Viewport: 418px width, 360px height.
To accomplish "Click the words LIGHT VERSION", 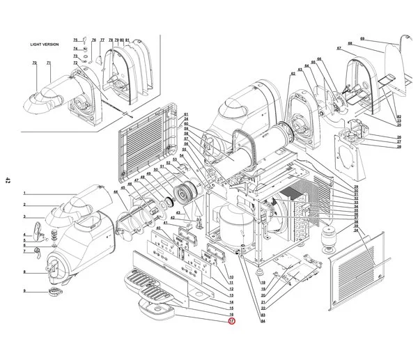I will pyautogui.click(x=45, y=44).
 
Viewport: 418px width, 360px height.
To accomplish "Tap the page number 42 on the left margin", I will pyautogui.click(x=8, y=180).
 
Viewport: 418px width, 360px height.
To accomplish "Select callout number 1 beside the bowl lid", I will pyautogui.click(x=24, y=193).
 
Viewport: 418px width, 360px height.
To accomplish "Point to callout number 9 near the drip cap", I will pyautogui.click(x=24, y=290).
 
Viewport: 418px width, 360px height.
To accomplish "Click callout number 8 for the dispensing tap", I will pyautogui.click(x=24, y=272).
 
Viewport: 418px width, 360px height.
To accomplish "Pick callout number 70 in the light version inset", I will pyautogui.click(x=34, y=63).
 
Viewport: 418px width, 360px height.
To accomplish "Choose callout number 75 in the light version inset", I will pyautogui.click(x=75, y=40).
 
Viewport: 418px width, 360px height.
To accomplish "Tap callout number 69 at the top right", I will pyautogui.click(x=362, y=38).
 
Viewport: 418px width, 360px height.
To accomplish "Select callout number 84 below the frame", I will pyautogui.click(x=263, y=321).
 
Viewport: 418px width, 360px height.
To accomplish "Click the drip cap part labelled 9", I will pyautogui.click(x=54, y=290).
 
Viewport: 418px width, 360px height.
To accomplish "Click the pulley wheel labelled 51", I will pyautogui.click(x=185, y=191).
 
